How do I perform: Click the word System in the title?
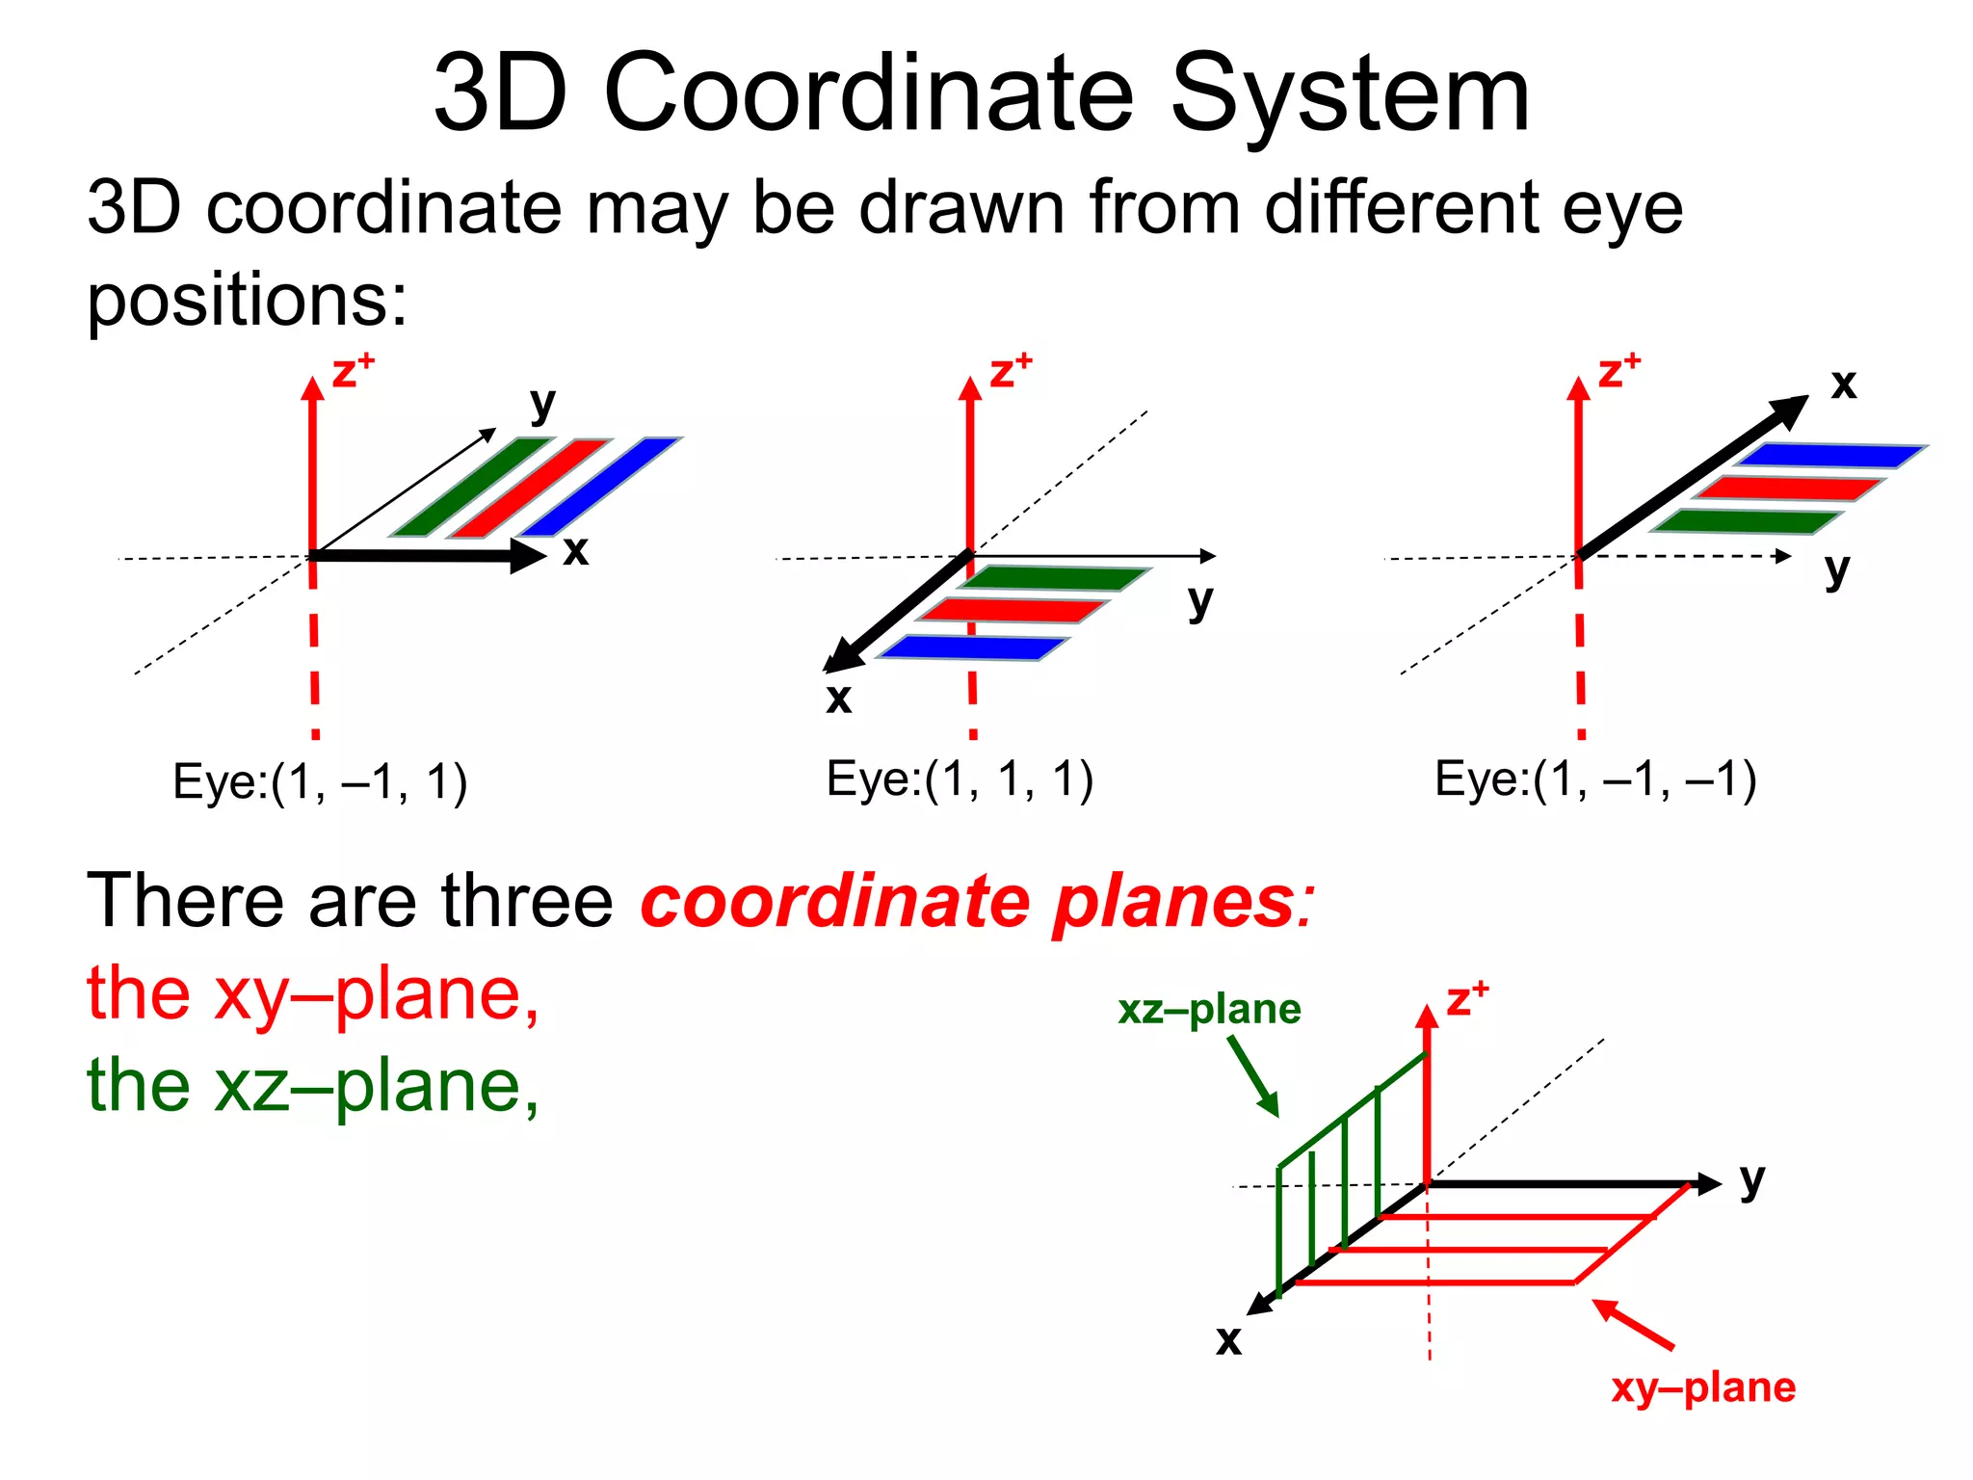[x=1349, y=94]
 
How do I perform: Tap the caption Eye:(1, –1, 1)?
[x=320, y=781]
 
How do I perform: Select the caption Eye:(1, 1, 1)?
[x=960, y=780]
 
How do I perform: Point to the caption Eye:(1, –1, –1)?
[x=1595, y=780]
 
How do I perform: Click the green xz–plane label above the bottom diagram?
[x=1209, y=1010]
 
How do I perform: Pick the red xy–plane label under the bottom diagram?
[x=1703, y=1387]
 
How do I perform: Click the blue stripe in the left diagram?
[x=599, y=487]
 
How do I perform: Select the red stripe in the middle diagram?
[x=1012, y=610]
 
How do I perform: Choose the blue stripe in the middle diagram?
[x=973, y=647]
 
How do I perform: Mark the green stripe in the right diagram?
[x=1746, y=521]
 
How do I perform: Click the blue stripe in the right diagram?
[x=1830, y=455]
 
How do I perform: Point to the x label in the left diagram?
[x=575, y=551]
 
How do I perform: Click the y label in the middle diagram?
[x=1199, y=601]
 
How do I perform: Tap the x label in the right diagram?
[x=1843, y=383]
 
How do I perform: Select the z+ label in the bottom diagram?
[x=1466, y=1000]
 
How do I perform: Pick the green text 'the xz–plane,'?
[x=313, y=1085]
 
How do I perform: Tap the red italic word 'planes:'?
[x=1183, y=904]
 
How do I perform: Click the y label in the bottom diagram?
[x=1751, y=1179]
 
